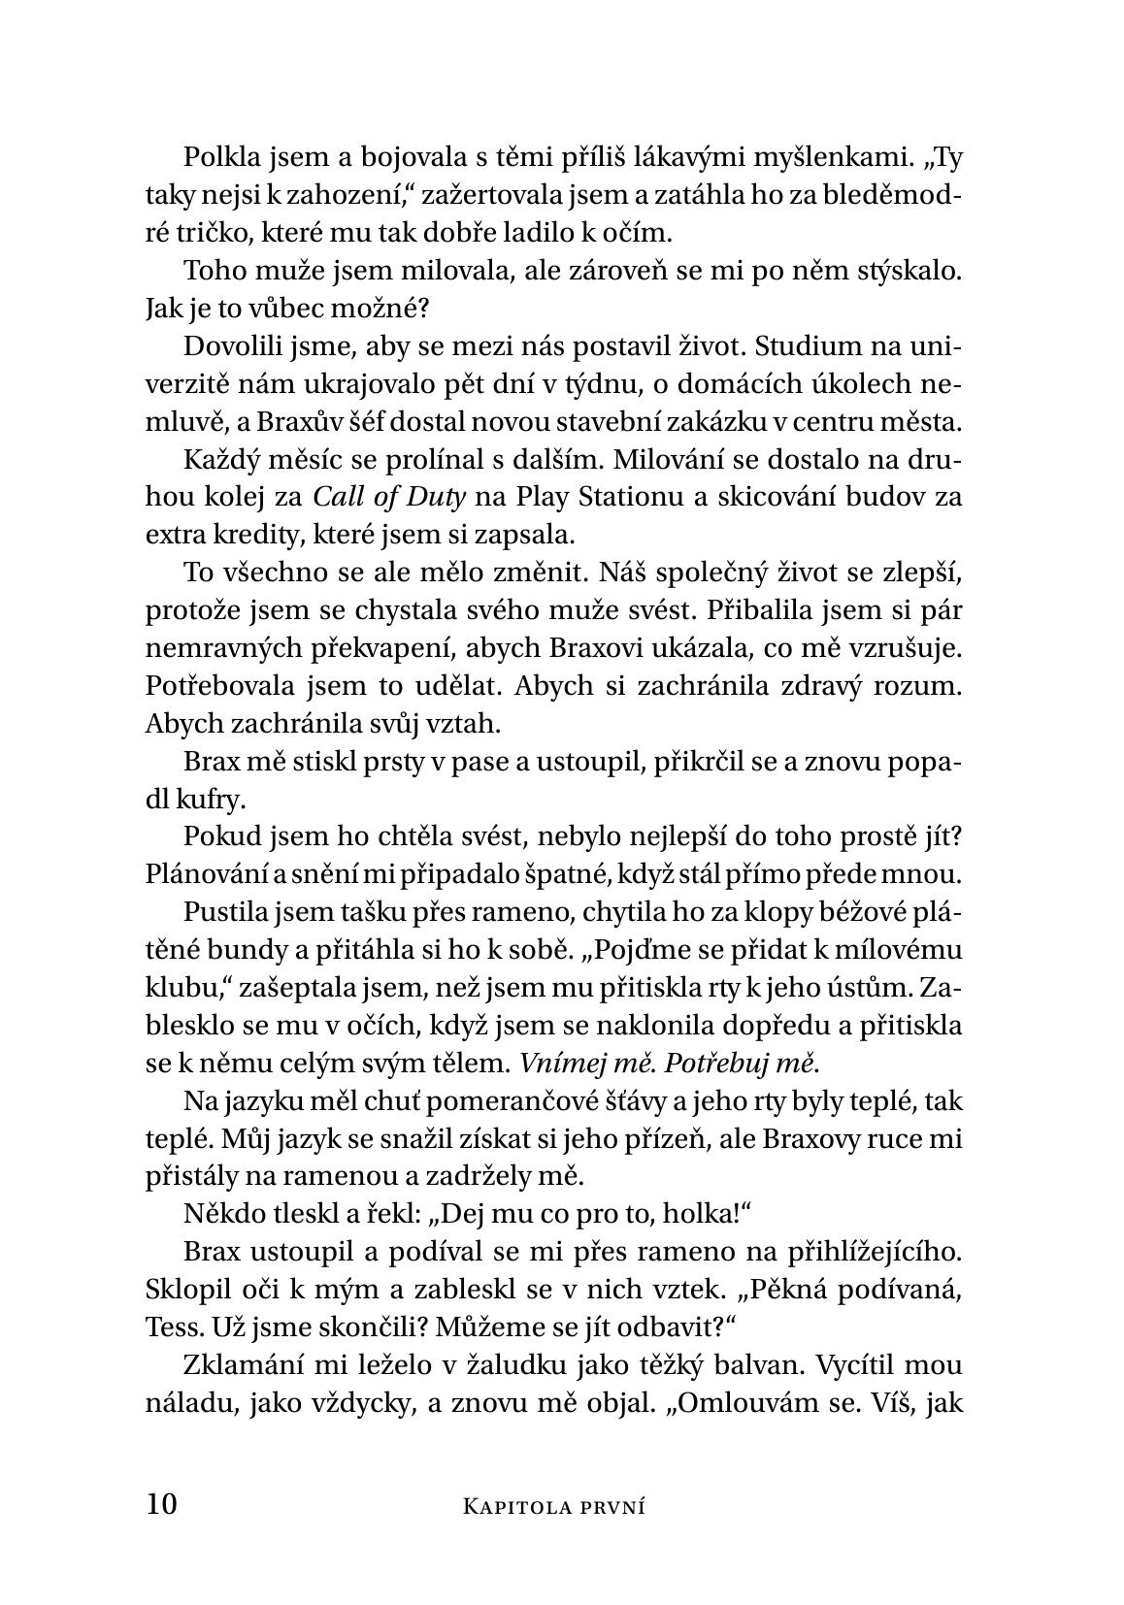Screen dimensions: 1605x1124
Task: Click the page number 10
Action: click(x=162, y=1504)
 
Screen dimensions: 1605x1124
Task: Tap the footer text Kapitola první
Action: click(x=554, y=1506)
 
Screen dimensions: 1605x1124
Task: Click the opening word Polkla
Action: click(x=215, y=157)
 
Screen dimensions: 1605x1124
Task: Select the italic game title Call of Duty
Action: click(x=389, y=497)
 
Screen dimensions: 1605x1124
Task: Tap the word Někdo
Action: click(x=214, y=1214)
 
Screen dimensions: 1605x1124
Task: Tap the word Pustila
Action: click(x=218, y=912)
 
